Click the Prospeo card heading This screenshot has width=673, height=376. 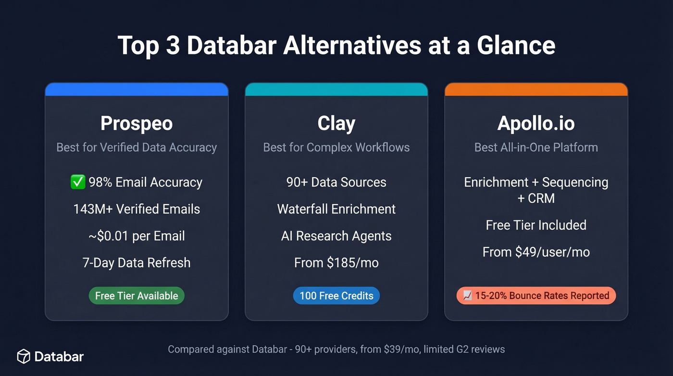137,124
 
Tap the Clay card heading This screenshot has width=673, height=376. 336,124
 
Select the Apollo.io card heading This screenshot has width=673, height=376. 536,124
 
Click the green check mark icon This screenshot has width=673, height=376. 78,182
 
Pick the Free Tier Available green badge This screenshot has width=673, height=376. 137,296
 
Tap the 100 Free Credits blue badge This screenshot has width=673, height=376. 336,296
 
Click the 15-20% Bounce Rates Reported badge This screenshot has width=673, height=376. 536,296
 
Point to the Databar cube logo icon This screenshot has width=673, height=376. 24,356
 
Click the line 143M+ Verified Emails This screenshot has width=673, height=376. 137,209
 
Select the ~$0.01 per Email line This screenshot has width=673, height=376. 137,236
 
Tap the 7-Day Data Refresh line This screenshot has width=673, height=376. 137,263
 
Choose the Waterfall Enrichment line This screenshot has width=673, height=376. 336,209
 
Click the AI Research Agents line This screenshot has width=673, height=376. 336,236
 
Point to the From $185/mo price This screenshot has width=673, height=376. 336,263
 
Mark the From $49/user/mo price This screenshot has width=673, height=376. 536,252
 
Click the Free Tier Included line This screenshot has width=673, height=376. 536,225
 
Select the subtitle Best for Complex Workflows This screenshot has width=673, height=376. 336,147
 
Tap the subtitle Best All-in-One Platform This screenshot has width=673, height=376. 536,147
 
